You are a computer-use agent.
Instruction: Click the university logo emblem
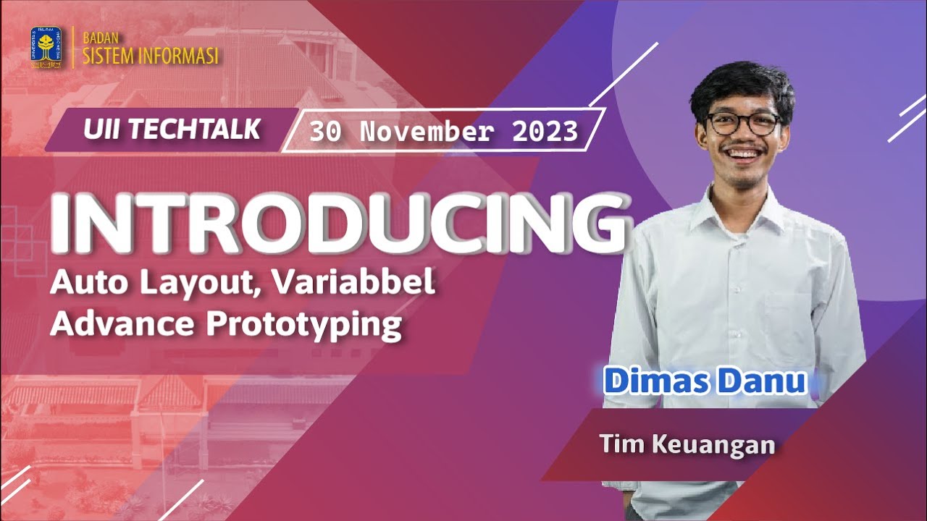[x=46, y=48]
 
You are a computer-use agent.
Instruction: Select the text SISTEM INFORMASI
[x=151, y=56]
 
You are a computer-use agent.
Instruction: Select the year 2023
[x=545, y=132]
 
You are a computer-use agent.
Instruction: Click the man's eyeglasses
[x=743, y=123]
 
